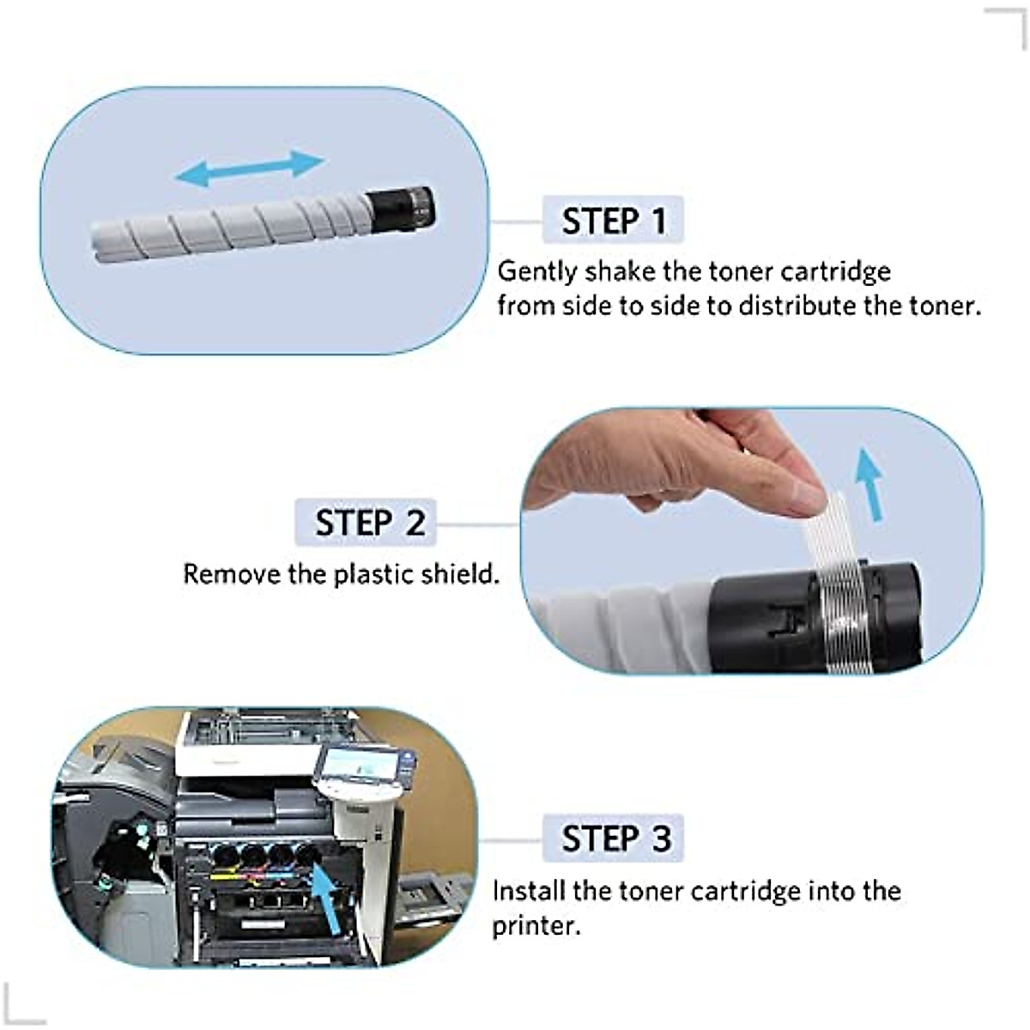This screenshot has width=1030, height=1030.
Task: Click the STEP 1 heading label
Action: click(613, 221)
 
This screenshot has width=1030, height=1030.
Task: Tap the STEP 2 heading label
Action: click(369, 522)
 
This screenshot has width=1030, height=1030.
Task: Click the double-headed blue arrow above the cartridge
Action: click(249, 167)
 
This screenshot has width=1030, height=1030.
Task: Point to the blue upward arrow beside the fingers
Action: click(871, 485)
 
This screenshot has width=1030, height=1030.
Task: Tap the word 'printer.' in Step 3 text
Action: click(536, 927)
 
